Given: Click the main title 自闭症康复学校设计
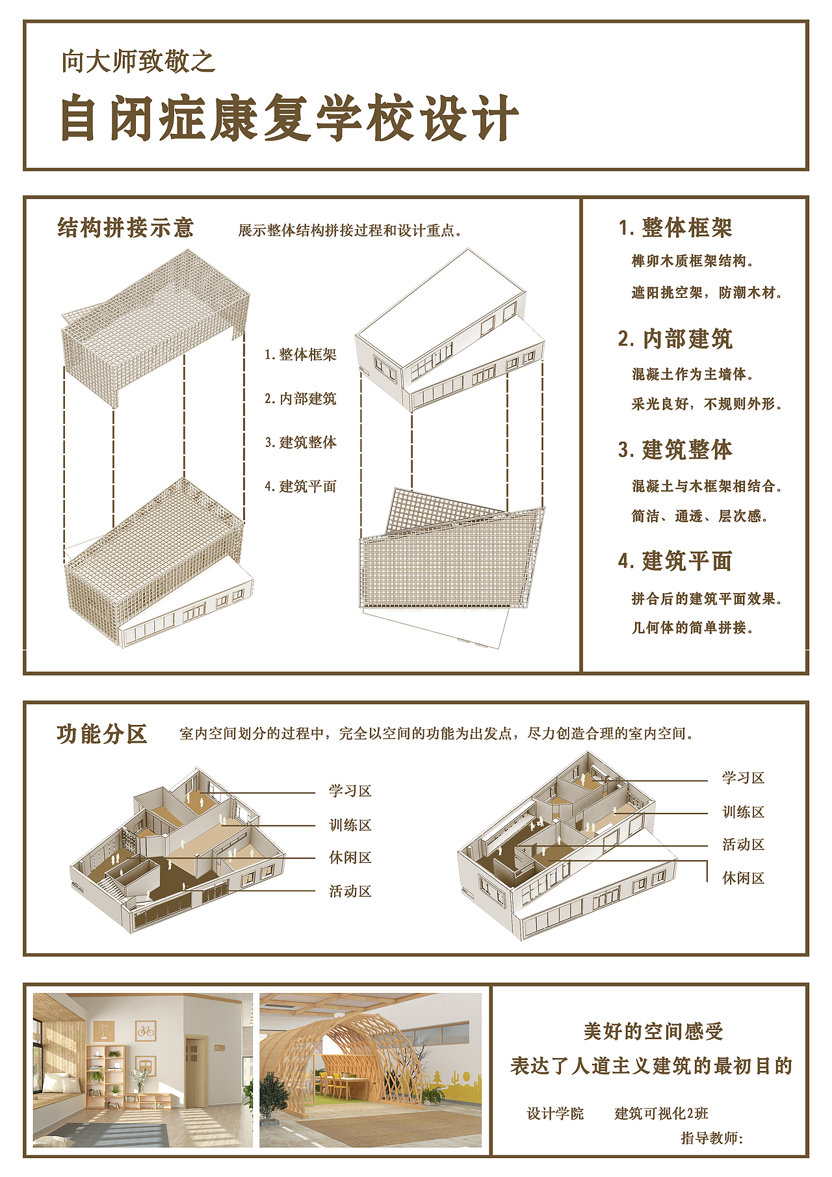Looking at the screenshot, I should coord(289,118).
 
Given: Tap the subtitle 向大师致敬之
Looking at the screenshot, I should coord(138,62).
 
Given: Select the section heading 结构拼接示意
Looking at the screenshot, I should coord(125,228).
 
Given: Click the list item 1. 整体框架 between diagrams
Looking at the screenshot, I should coord(300,354).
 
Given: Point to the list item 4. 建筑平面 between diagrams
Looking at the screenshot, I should coord(300,486).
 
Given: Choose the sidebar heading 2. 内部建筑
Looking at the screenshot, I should coord(675,339).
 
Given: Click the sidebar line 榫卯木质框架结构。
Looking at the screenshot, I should coord(692,261).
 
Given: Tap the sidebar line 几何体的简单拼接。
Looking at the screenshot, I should coord(692,628).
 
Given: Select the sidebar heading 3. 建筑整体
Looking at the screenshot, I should coord(675,450).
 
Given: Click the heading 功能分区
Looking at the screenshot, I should coord(102,734).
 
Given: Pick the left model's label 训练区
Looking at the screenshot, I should coord(350,825).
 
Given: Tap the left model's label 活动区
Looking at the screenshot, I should coord(350,892).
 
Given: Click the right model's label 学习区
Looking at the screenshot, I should coord(743,778).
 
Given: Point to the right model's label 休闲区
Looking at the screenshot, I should coord(743,879).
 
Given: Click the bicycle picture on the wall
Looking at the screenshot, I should coord(146,1031).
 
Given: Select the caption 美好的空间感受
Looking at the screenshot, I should coord(653,1031).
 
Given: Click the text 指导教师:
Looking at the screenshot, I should coord(712,1138).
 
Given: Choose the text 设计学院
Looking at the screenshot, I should coord(555,1114).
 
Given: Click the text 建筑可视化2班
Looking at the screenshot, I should coord(661,1114).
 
